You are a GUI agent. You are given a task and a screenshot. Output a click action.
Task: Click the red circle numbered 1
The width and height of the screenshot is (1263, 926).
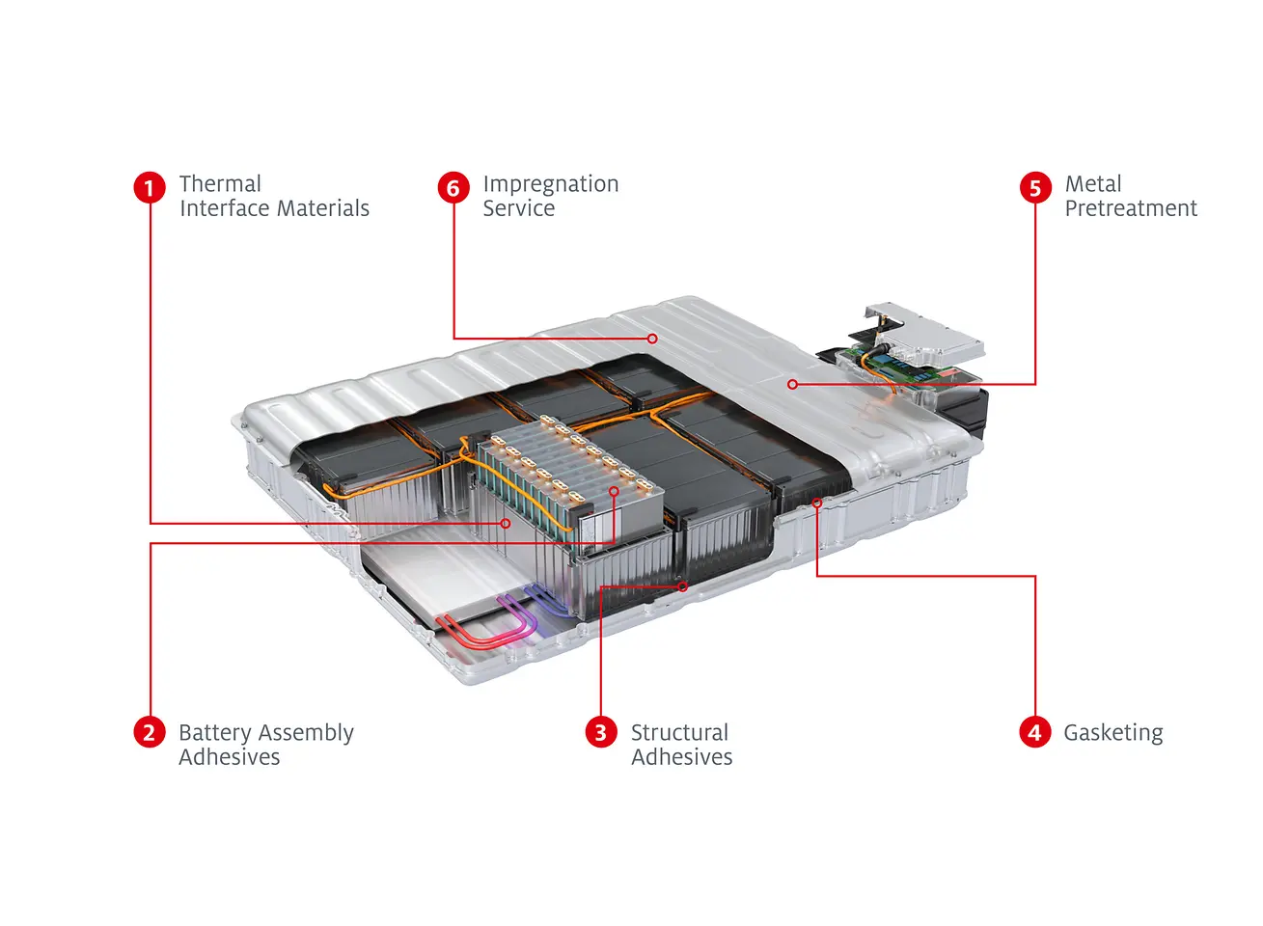150,187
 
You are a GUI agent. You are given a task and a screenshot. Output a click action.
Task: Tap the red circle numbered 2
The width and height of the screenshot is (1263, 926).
149,732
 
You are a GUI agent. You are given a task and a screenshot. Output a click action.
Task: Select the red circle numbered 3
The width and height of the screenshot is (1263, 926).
600,732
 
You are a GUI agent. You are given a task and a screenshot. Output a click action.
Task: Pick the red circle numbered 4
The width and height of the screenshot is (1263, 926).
1034,732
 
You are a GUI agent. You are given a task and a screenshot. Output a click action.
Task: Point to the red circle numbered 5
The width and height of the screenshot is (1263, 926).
1035,187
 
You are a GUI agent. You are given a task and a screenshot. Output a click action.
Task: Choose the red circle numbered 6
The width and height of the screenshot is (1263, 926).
453,187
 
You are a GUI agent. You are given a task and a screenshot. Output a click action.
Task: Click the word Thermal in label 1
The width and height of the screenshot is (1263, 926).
220,184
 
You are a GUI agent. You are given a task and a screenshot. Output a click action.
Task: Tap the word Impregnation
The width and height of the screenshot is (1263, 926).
550,184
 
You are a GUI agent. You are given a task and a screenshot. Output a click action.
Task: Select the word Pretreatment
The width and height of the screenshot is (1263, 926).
1130,208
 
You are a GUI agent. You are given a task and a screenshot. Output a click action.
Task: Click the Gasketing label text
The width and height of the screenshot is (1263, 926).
1112,733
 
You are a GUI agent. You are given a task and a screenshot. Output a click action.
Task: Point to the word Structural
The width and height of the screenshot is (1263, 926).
679,732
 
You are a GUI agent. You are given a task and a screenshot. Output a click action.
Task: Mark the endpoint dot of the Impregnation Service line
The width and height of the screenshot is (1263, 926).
653,339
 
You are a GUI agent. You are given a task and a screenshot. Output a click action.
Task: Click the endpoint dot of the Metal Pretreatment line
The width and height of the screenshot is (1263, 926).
792,384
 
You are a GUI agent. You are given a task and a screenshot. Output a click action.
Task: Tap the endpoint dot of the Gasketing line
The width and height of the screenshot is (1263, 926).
817,503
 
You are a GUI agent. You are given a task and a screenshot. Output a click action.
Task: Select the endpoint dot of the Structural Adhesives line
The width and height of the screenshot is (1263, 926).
683,586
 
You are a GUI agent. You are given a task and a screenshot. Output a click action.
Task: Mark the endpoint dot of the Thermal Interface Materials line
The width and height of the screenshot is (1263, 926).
506,524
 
